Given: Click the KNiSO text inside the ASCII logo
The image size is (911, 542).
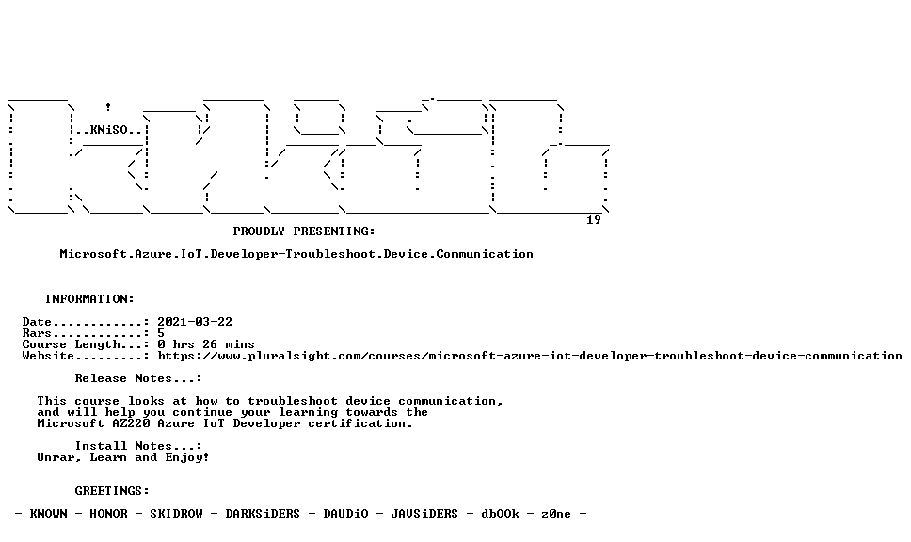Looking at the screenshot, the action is pos(108,130).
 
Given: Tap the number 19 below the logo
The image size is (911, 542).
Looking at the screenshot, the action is pos(593,220).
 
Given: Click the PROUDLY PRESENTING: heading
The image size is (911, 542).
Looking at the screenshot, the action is pos(304,231).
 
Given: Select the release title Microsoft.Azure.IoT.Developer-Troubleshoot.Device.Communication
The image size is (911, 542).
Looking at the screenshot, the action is pos(296,254).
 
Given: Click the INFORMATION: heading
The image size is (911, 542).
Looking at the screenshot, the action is pos(89,299).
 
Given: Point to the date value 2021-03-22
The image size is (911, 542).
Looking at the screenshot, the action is pos(195,322).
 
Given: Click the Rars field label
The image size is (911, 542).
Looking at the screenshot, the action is pos(37,333).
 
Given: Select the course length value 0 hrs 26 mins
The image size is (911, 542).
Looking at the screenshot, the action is pos(206,344).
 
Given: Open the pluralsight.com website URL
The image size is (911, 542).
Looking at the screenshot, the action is pos(530,356).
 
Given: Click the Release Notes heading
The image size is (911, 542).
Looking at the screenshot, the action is pos(138,378).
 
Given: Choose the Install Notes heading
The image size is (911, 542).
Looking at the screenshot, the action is pos(138,446).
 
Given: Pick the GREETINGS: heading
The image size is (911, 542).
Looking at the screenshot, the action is pos(112,491).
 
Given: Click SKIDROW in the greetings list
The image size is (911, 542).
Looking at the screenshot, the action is pos(176,514).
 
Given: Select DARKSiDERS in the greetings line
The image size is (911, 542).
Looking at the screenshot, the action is pos(263,514).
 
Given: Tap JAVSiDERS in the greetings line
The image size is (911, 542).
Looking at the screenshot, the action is pos(424,514).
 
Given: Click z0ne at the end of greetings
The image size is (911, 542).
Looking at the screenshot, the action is pos(556,514).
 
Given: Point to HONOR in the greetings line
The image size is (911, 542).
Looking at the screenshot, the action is pos(108,514).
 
